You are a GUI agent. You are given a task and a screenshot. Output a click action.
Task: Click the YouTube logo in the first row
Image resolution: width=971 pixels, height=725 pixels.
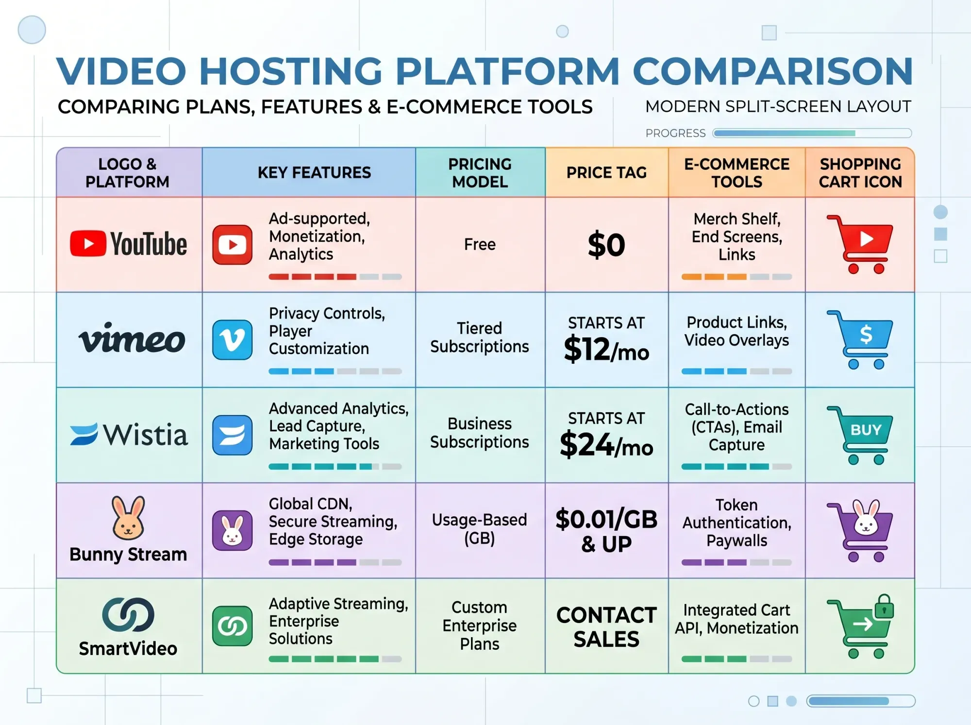129,244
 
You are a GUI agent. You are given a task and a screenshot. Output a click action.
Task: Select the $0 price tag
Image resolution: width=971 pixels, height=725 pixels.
606,245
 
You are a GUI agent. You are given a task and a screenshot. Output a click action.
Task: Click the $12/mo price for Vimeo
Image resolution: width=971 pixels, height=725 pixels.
606,349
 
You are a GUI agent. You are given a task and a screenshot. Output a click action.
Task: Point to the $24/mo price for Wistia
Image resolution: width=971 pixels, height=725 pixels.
606,444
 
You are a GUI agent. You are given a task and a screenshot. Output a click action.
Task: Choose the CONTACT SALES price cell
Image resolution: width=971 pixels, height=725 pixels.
606,627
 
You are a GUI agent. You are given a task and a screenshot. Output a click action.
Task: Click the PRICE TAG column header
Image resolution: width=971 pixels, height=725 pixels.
606,172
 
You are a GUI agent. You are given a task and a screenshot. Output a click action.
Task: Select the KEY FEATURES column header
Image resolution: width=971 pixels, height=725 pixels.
314,172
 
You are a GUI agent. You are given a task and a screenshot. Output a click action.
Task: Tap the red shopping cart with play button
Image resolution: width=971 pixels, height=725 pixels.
860,244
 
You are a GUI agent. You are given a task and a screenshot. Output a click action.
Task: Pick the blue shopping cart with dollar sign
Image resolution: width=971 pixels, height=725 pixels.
860,339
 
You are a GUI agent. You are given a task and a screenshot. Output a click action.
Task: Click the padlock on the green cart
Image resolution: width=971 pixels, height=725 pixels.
884,607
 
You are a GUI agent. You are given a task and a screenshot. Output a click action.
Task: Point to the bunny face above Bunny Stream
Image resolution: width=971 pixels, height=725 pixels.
128,518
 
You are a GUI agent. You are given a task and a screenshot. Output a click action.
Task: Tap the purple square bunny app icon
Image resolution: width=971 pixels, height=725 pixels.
233,530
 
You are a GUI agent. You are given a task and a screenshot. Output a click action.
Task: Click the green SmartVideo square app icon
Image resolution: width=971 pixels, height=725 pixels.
233,626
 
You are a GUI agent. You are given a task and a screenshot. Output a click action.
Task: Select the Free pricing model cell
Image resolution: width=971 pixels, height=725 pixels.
480,244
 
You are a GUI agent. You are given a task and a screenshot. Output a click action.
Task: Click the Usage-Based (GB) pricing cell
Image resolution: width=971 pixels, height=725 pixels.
480,529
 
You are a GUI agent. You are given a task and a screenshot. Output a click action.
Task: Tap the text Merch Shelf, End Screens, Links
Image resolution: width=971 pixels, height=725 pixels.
737,236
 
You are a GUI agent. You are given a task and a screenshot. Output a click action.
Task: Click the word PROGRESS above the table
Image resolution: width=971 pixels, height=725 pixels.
675,133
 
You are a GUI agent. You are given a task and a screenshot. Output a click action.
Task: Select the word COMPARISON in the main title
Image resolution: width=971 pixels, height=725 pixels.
773,71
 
